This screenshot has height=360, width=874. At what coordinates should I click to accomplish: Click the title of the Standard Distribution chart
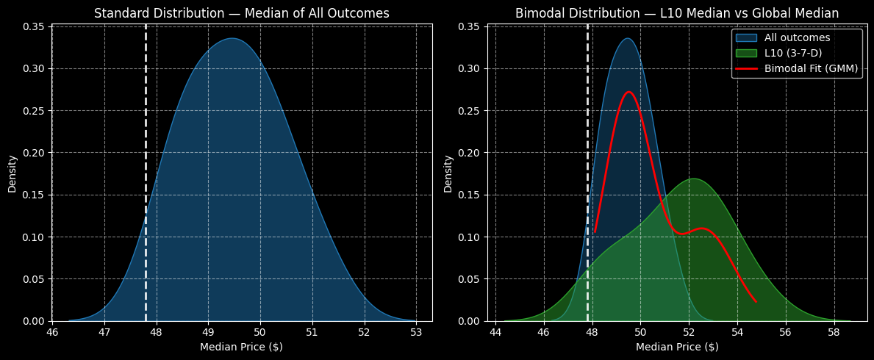(x=242, y=13)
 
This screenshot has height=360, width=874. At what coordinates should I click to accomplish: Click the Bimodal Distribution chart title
(x=676, y=13)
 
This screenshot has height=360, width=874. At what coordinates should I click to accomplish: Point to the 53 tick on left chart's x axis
(x=416, y=331)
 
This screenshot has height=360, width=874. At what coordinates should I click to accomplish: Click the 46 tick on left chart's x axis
(x=52, y=331)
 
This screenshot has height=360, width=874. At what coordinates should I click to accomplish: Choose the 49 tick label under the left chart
(x=208, y=331)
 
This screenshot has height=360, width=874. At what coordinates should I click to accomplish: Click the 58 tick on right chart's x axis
(x=834, y=331)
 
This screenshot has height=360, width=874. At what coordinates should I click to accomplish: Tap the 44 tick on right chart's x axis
(x=495, y=331)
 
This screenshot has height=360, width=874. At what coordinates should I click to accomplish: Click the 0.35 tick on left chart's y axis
(x=35, y=27)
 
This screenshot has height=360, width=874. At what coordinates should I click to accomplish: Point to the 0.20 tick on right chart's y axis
(x=470, y=153)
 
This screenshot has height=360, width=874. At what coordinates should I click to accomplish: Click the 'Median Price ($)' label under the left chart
(x=242, y=347)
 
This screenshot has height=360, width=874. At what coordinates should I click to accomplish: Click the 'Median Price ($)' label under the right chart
(x=676, y=347)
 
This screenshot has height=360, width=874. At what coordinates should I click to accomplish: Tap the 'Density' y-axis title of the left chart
(x=12, y=173)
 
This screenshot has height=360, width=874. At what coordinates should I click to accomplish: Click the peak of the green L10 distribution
(x=692, y=179)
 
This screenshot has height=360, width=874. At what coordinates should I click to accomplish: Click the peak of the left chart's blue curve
(x=232, y=38)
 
